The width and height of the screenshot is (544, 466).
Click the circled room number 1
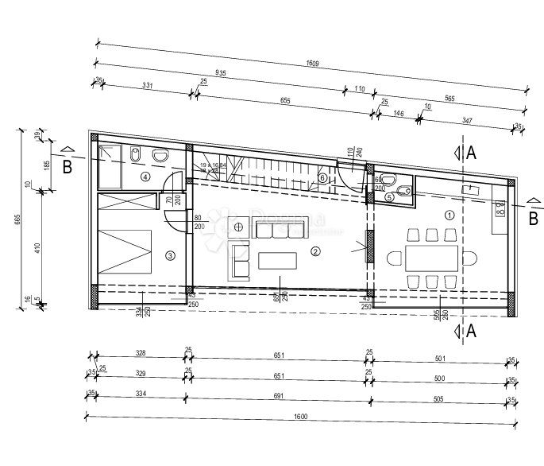pyautogui.click(x=449, y=214)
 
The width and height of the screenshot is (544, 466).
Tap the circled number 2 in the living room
pyautogui.click(x=315, y=252)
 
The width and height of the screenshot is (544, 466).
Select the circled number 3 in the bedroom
pyautogui.click(x=170, y=255)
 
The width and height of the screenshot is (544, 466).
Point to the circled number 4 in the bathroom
pyautogui.click(x=145, y=177)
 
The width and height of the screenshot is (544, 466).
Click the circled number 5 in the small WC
pyautogui.click(x=389, y=196)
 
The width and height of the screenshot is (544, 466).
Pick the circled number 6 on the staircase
pyautogui.click(x=322, y=177)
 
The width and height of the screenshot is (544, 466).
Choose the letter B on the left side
pyautogui.click(x=68, y=167)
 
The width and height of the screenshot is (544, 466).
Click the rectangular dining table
pyautogui.click(x=431, y=258)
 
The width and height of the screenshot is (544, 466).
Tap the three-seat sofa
pyautogui.click(x=280, y=230)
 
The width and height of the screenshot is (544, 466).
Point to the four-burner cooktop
pyautogui.click(x=500, y=208)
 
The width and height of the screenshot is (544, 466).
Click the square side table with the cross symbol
pyautogui.click(x=238, y=226)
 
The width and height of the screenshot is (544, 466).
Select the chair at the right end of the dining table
pyautogui.click(x=469, y=258)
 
